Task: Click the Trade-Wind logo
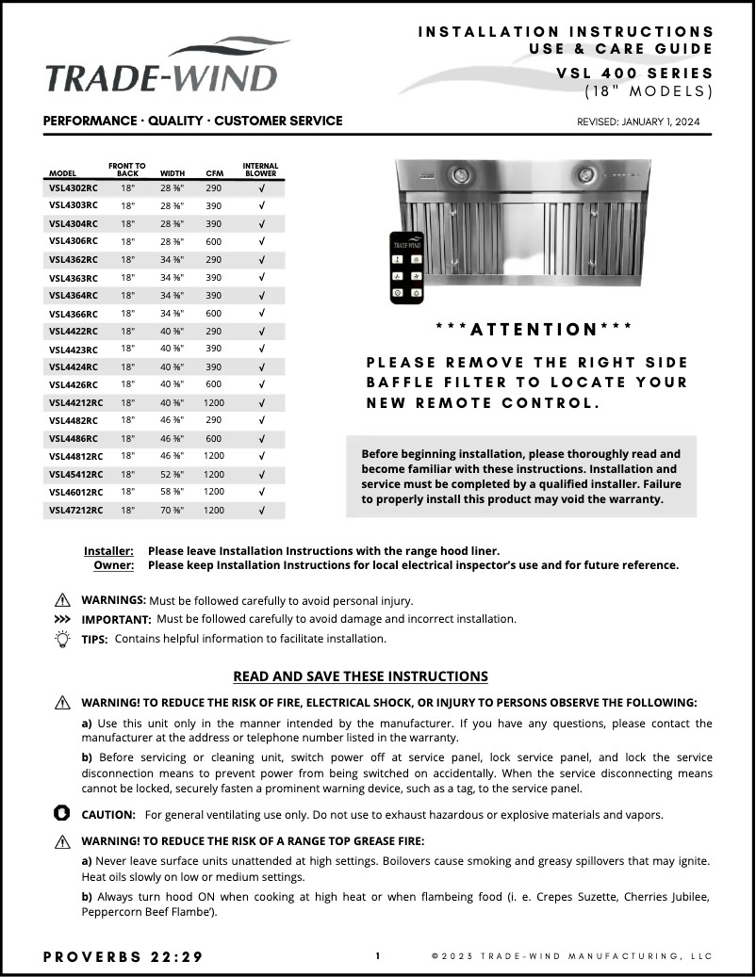[161, 68]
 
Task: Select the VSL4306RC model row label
[73, 241]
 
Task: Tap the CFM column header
[214, 173]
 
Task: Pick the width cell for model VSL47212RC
[173, 510]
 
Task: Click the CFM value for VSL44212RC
[214, 402]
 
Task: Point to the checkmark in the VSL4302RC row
[261, 187]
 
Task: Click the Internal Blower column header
[261, 170]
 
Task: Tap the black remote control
[406, 268]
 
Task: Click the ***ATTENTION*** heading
[534, 329]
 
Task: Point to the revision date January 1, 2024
[638, 122]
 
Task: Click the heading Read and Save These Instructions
[360, 676]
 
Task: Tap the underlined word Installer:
[108, 550]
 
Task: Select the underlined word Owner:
[113, 565]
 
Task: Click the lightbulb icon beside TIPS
[62, 639]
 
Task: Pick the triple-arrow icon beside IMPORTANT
[62, 620]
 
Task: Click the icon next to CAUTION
[62, 813]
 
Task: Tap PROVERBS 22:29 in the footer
[123, 956]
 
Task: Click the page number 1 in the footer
[378, 956]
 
